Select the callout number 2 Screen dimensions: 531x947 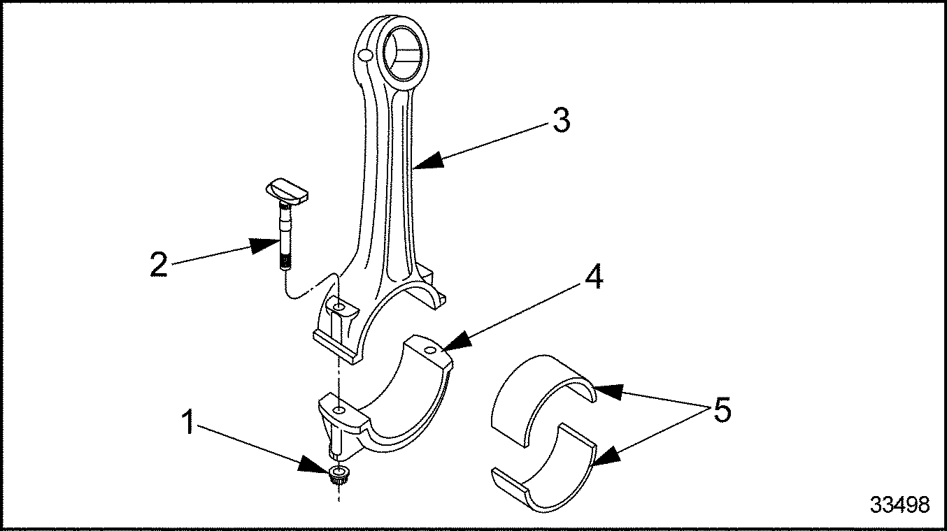tap(159, 265)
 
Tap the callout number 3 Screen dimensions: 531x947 tap(560, 120)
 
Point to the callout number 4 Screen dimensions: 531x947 tap(592, 278)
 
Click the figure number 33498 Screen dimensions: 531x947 tap(900, 504)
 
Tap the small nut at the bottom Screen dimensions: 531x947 tap(339, 478)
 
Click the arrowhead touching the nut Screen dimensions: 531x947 tap(312, 463)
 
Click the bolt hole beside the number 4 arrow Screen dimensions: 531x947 tap(429, 347)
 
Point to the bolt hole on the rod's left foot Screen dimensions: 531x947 tap(338, 308)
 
